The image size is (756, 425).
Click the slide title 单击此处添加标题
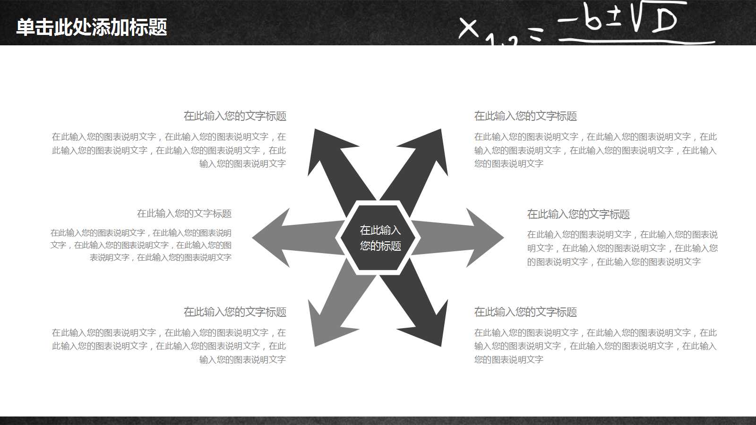coord(92,27)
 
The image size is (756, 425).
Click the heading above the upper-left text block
coord(235,116)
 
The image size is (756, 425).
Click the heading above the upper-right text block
coord(525,116)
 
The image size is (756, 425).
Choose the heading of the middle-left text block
coord(184,214)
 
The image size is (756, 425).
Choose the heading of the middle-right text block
coord(578,214)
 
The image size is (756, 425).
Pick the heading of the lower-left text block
coord(235,312)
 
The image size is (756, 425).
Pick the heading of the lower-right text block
coord(525,312)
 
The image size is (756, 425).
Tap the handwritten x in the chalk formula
coord(468,27)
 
